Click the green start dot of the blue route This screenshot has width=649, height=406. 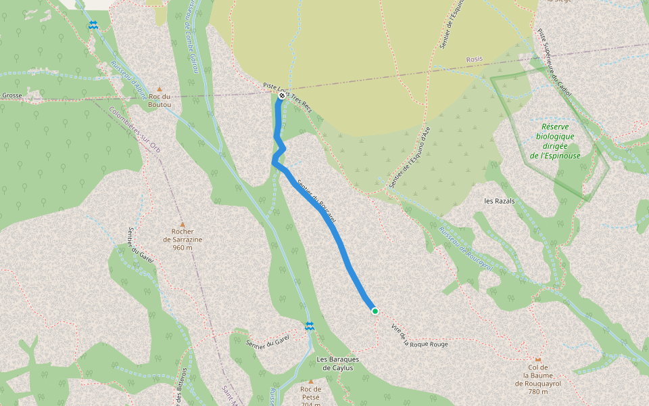coord(375,311)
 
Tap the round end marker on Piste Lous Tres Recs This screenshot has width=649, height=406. coord(282,95)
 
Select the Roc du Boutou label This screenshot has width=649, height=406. coord(160,100)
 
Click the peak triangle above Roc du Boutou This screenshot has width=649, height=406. coord(160,89)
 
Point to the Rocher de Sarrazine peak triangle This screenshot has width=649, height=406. coord(182,224)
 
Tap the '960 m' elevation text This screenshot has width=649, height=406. coord(183,248)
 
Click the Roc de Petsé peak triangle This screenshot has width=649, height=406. coord(311,381)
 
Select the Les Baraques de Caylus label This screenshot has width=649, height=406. coord(337,363)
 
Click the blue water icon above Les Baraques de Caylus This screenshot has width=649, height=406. coord(309,327)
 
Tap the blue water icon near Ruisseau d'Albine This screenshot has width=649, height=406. coord(93,26)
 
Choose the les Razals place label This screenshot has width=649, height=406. coord(500,201)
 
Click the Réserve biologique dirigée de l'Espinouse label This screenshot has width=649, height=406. coord(555,141)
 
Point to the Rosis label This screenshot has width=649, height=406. coord(475,60)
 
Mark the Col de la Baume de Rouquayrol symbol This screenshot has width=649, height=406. coord(538,359)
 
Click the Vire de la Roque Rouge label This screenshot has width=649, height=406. coord(419,336)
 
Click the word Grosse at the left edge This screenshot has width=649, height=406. coord(11,95)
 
